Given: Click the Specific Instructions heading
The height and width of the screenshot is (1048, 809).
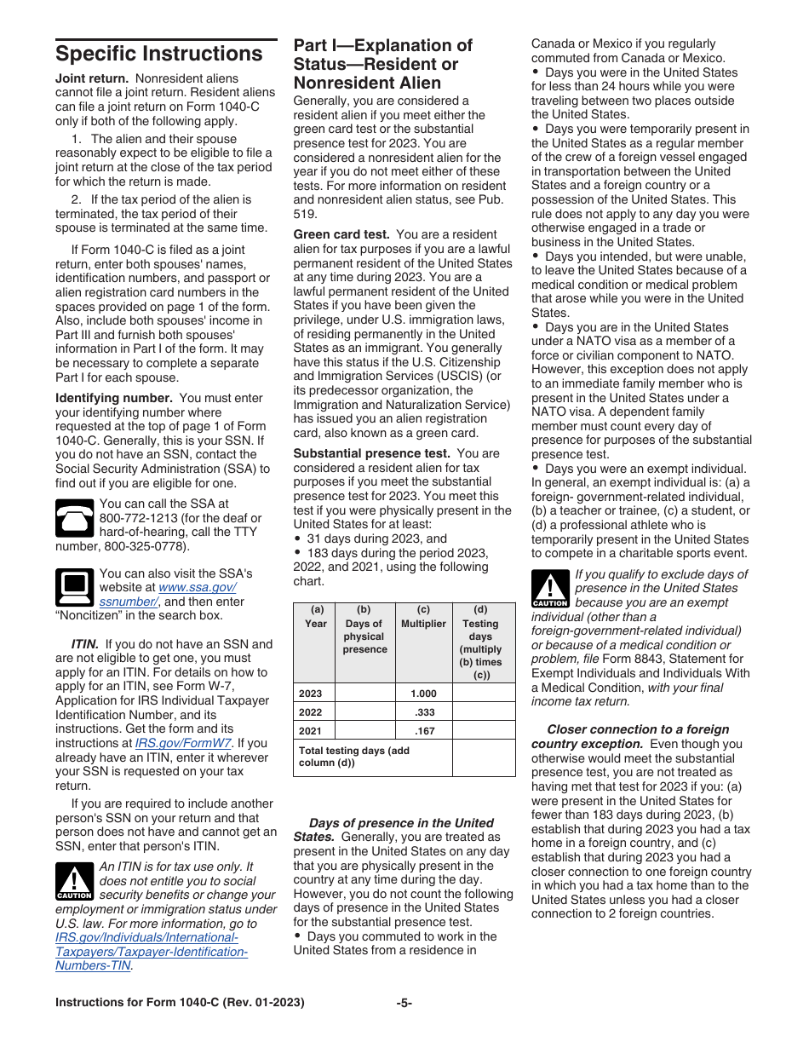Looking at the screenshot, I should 159,54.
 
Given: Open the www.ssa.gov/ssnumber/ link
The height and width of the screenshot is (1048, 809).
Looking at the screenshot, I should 168,594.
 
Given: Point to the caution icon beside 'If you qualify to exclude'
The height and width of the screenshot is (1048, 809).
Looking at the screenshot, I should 549,589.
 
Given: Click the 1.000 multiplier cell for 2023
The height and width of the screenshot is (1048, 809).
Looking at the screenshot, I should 423,694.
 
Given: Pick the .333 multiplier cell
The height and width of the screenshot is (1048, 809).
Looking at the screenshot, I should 423,712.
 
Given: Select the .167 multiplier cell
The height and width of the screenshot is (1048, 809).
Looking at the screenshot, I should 423,731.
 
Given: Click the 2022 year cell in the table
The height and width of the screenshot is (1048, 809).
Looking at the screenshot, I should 312,712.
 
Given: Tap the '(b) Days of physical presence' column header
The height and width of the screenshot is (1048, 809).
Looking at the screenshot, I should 364,630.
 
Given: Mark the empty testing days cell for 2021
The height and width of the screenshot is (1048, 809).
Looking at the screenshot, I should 483,731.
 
